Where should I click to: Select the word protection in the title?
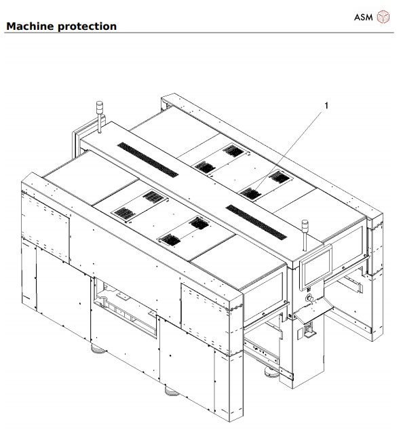point(88,26)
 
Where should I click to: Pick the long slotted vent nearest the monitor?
point(256,221)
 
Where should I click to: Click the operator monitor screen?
point(315,267)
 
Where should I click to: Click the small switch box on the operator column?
point(306,330)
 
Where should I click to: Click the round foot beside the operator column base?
point(271,371)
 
